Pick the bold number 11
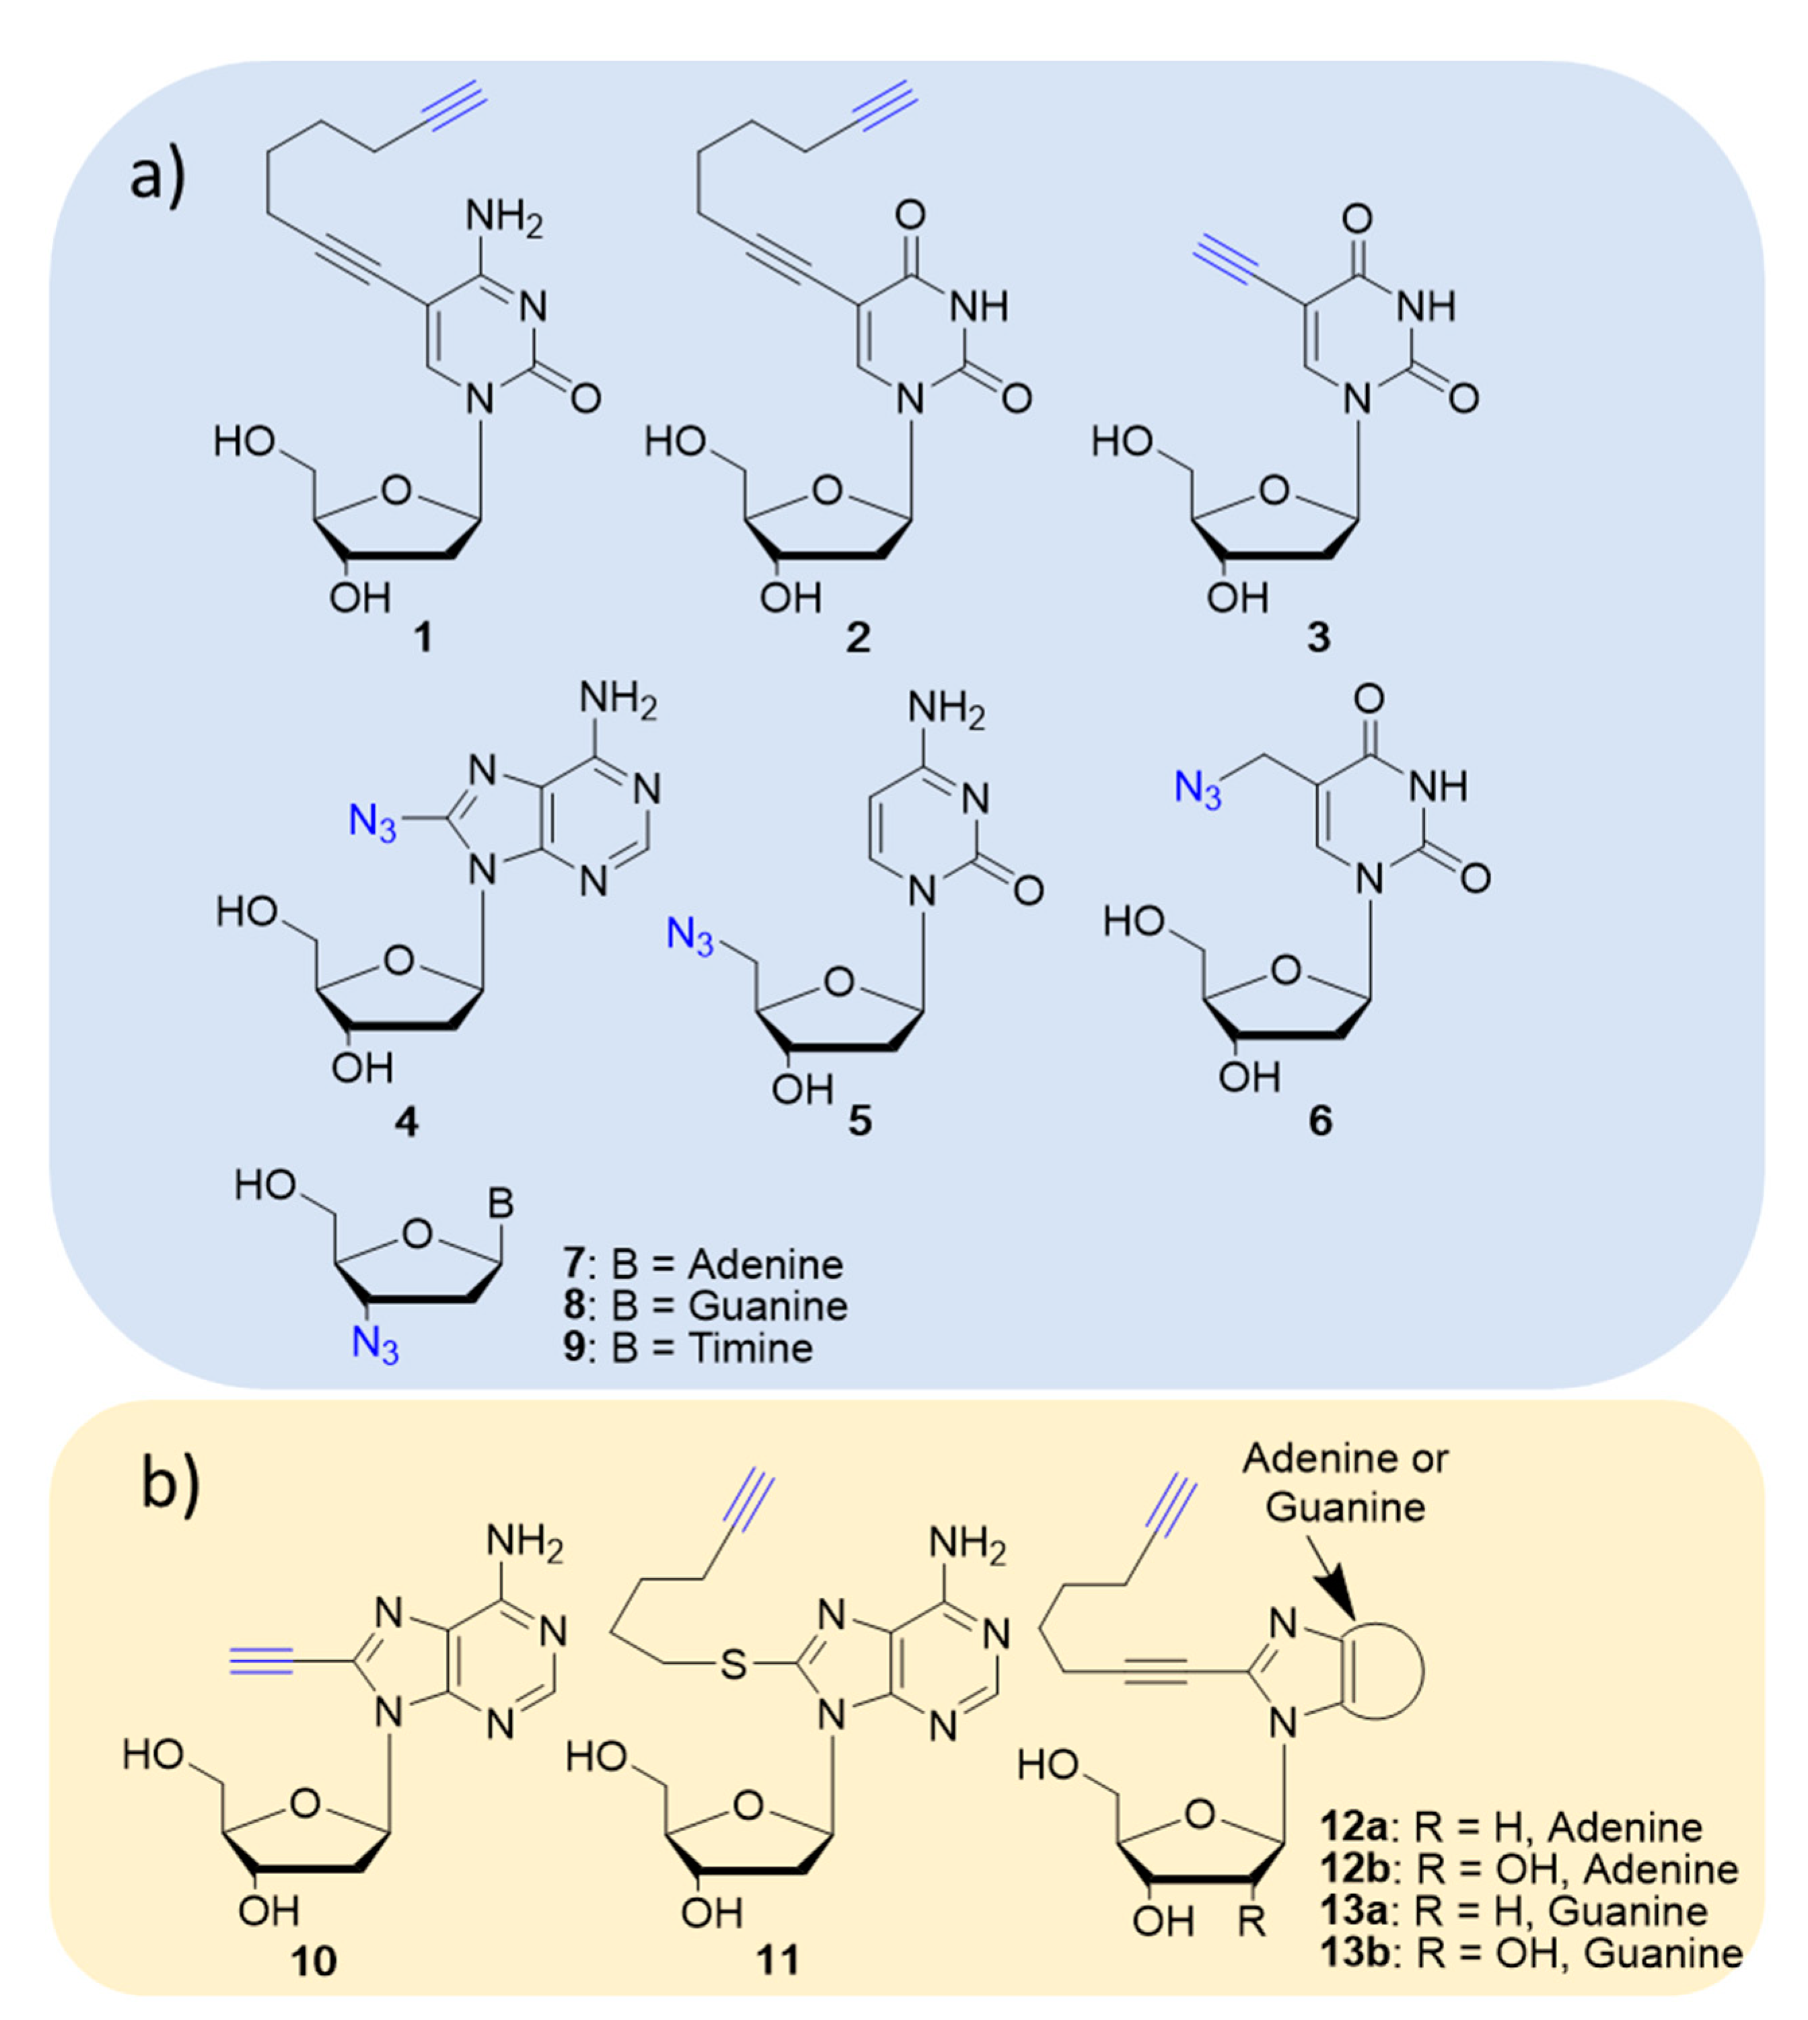[x=778, y=1960]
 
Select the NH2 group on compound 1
[x=505, y=217]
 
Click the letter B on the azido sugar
[x=502, y=1204]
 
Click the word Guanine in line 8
[x=768, y=1305]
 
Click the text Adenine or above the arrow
[x=1345, y=1459]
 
